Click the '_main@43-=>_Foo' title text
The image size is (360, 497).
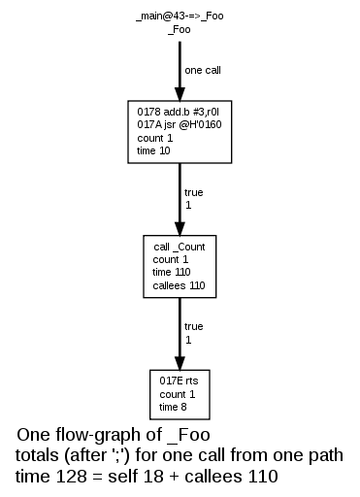[179, 18]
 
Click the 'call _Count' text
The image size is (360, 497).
[180, 248]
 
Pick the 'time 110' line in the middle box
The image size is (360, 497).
[173, 273]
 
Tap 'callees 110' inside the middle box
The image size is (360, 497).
[179, 285]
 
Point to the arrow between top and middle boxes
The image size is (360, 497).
[180, 198]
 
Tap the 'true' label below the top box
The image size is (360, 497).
[193, 192]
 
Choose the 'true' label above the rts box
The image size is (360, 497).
[193, 326]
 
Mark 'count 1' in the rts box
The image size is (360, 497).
[178, 394]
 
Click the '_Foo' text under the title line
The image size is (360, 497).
[180, 31]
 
